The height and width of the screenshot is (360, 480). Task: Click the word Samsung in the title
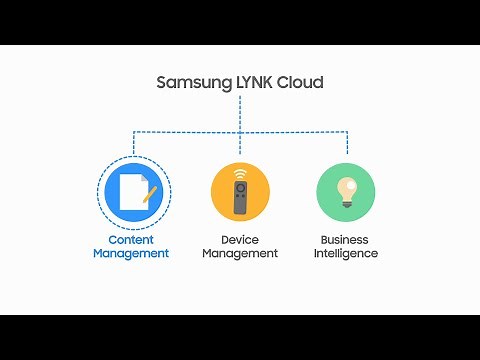[x=190, y=83]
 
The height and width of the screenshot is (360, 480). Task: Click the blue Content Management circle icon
[x=132, y=192]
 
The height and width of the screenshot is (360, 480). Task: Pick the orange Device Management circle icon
[x=240, y=192]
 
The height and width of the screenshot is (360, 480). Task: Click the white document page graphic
[x=128, y=193]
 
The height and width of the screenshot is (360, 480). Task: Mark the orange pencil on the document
[x=150, y=193]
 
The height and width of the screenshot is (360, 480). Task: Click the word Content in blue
[x=131, y=240]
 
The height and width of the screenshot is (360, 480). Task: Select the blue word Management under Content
[x=131, y=254]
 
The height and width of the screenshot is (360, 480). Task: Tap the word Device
[x=240, y=240]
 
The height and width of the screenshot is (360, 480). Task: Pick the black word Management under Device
[x=240, y=254]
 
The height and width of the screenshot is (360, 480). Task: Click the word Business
[x=345, y=240]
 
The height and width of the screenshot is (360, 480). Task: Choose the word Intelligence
[x=345, y=254]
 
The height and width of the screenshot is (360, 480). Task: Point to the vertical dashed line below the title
[x=240, y=113]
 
